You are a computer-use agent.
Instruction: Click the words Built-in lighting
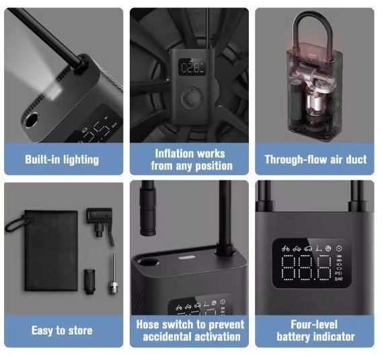[62, 159]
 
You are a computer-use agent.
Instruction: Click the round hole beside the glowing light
[31, 120]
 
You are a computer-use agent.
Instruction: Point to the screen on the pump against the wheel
[192, 67]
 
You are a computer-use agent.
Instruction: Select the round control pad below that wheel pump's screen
[192, 98]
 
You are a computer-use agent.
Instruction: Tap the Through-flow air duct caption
[315, 159]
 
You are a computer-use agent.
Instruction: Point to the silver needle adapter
[113, 273]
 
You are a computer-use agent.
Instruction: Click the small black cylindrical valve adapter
[89, 281]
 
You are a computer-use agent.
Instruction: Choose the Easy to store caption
[62, 331]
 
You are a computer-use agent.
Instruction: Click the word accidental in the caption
[167, 337]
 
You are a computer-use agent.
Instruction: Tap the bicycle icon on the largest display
[285, 248]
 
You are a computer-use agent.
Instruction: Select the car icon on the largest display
[308, 248]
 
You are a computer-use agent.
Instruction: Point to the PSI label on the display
[339, 273]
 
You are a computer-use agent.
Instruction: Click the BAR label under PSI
[339, 279]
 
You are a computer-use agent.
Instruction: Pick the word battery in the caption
[293, 337]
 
